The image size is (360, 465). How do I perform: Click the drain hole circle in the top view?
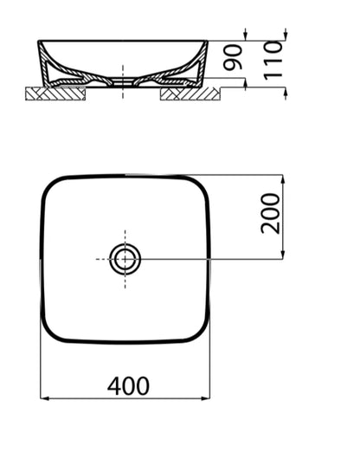click(x=125, y=258)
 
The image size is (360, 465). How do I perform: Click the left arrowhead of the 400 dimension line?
click(x=45, y=399)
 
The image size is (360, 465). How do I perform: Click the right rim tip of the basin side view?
click(x=207, y=41)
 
